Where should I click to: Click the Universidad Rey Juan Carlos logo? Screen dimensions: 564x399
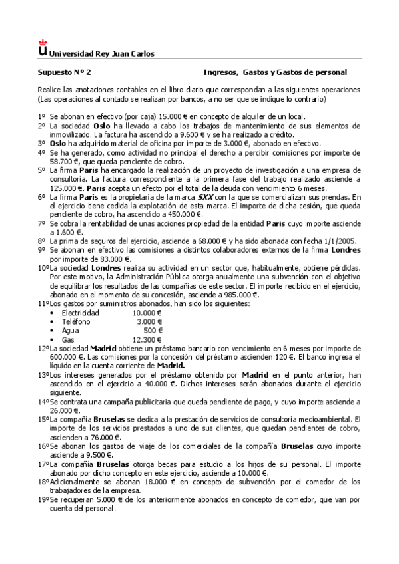[43, 48]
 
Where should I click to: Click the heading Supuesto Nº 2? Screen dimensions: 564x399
[63, 72]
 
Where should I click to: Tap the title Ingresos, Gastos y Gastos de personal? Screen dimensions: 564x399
[275, 72]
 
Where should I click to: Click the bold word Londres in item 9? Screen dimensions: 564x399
[346, 249]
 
